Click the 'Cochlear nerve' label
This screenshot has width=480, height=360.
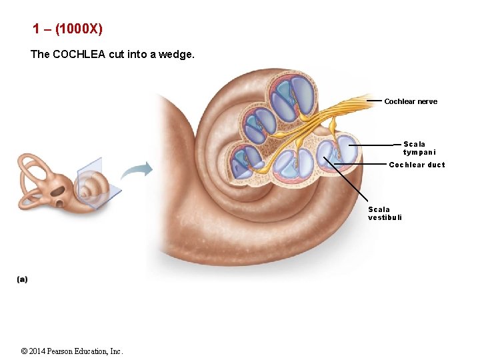coord(411,102)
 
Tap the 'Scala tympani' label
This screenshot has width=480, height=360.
coord(415,148)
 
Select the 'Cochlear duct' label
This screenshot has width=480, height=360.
coord(417,165)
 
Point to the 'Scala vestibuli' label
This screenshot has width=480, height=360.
coord(385,213)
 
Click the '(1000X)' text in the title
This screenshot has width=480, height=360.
coord(79,29)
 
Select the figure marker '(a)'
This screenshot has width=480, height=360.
coord(23,279)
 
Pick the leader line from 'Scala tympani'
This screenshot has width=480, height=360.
coord(373,145)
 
